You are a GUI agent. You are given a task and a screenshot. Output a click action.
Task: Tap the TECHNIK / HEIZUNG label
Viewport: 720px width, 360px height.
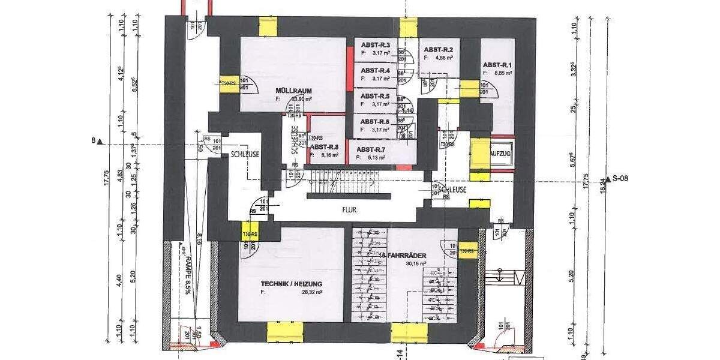[292, 284]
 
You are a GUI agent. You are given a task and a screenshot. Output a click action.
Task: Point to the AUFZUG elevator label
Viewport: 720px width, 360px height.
[500, 154]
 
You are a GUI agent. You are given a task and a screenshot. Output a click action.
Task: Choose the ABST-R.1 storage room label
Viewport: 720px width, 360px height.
[497, 65]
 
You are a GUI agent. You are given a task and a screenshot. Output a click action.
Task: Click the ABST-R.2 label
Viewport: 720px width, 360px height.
[438, 50]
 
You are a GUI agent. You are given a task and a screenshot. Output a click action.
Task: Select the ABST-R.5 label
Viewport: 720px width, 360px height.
[375, 96]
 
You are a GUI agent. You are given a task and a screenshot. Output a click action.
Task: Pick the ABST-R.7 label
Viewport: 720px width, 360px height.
[371, 149]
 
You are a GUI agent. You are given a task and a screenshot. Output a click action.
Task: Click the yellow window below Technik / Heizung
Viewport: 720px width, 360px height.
[285, 331]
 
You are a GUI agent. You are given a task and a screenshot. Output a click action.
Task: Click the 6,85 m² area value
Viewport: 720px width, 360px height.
[502, 73]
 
